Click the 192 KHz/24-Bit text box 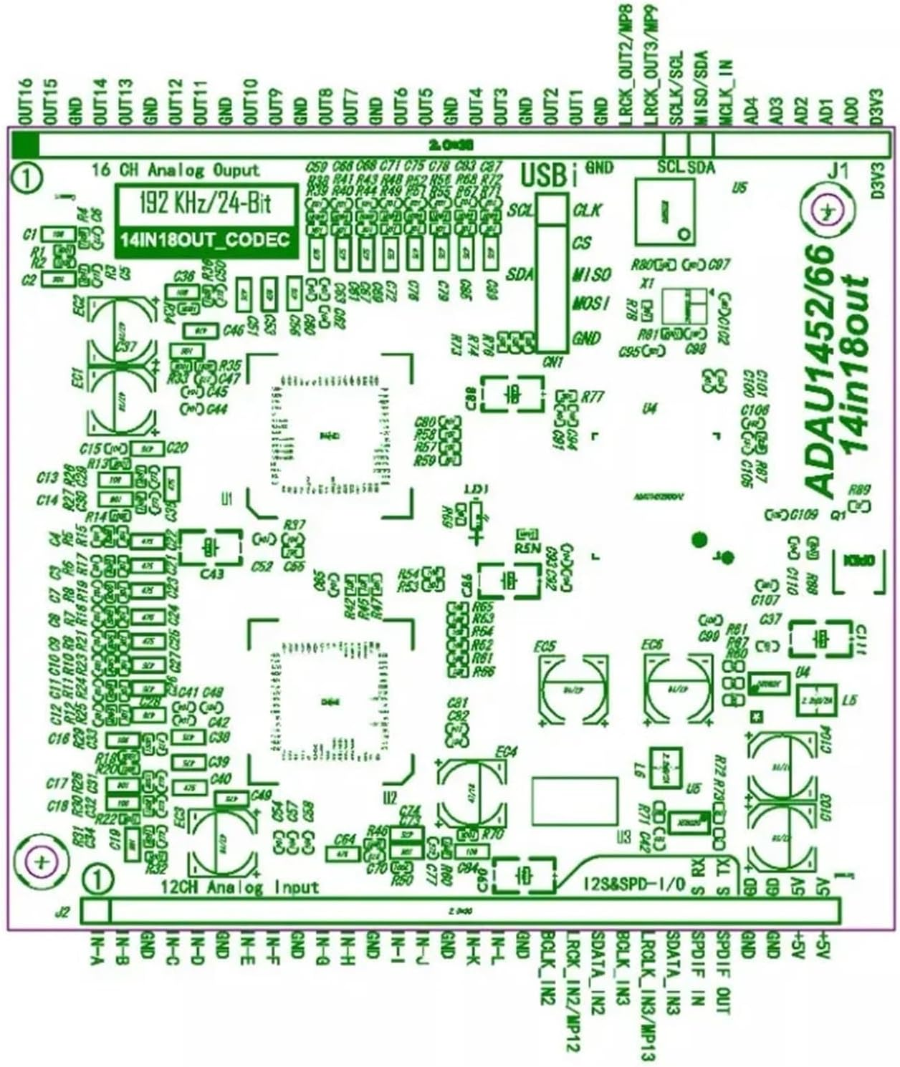tap(206, 203)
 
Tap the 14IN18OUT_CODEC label tap(206, 240)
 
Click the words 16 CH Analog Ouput tap(176, 170)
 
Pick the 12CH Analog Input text tap(240, 888)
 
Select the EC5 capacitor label tap(545, 647)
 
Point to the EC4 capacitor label tap(506, 753)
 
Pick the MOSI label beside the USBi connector tap(591, 304)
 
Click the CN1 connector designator tap(553, 363)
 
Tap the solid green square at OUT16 tap(24, 145)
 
